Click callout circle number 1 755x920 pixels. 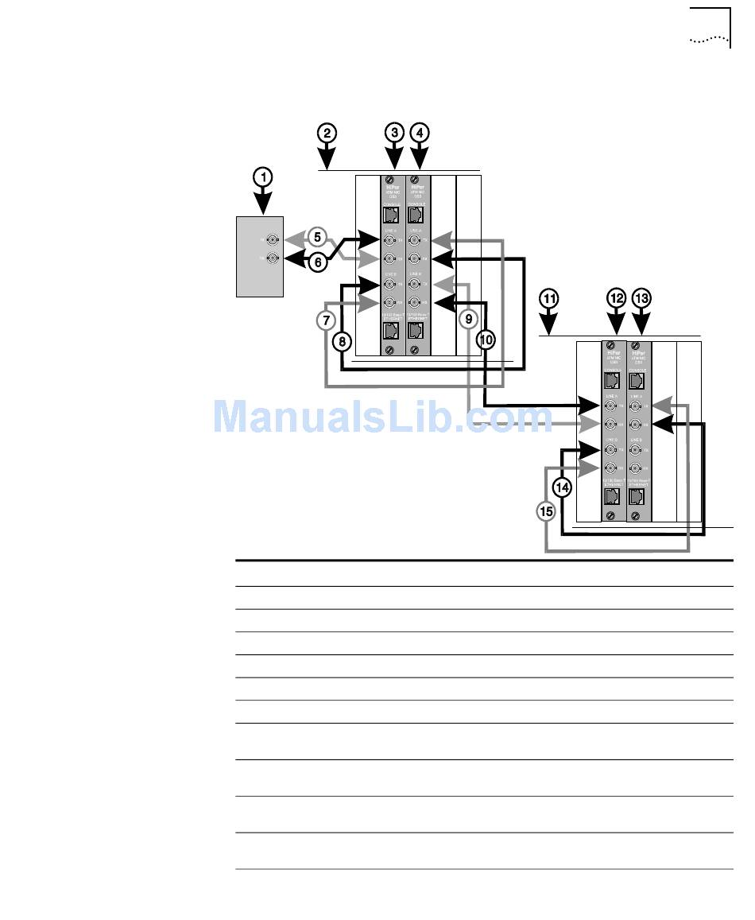[262, 177]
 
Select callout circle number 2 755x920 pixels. [327, 133]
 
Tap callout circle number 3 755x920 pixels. [395, 133]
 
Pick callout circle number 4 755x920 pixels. [420, 133]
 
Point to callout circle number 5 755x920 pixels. [317, 236]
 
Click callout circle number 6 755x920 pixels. [317, 261]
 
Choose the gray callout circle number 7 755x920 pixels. [325, 320]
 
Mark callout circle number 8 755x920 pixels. [341, 342]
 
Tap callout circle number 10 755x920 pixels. [486, 340]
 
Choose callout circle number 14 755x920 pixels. [562, 487]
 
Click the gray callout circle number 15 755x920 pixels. [546, 512]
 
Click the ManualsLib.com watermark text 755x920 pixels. [382, 416]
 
